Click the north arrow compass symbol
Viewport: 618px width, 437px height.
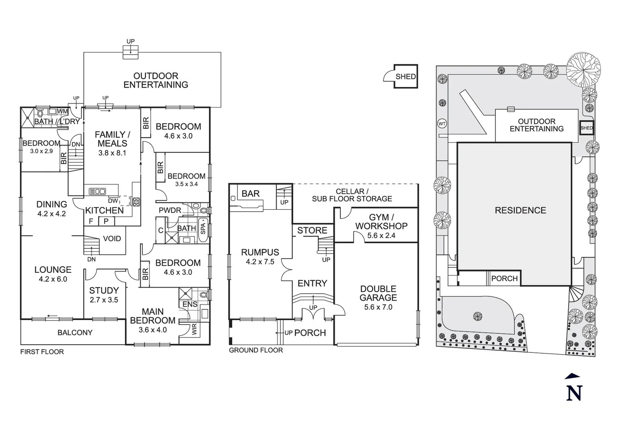pos(574,388)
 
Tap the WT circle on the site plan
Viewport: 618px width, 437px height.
pos(442,124)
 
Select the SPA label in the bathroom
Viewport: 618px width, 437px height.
pos(203,229)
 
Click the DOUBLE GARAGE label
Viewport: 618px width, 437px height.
pos(378,293)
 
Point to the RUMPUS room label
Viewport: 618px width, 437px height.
pos(260,252)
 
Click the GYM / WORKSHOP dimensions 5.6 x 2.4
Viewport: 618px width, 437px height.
pos(381,235)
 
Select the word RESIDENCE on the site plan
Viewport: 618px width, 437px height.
pos(520,210)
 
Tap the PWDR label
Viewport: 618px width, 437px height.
pos(170,210)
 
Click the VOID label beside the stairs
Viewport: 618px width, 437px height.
pos(112,239)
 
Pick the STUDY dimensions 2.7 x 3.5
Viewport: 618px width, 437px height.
pos(104,300)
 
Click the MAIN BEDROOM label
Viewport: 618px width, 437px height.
pos(152,316)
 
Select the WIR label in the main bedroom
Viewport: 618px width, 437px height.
pos(195,330)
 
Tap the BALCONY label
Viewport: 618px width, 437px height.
pos(75,333)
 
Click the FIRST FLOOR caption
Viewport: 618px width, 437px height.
pos(42,352)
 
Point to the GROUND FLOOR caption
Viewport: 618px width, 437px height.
pos(256,350)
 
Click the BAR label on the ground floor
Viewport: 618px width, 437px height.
pos(250,194)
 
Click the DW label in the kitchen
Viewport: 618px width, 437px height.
pos(113,201)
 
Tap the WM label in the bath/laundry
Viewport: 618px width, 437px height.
pos(63,111)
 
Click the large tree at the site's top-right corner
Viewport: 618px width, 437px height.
pos(583,70)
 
